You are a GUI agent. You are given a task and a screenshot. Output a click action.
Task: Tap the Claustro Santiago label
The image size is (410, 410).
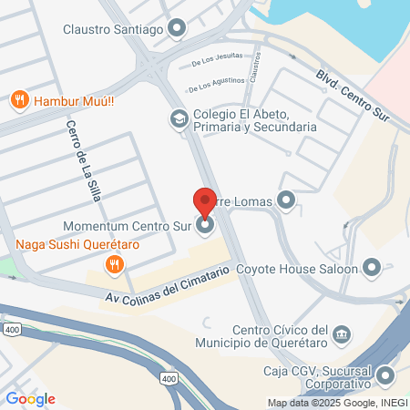pyautogui.click(x=114, y=28)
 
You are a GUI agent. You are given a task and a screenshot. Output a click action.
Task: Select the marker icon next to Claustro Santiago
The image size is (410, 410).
pyautogui.click(x=177, y=28)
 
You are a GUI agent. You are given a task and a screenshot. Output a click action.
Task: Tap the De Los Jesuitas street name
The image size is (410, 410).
pyautogui.click(x=217, y=61)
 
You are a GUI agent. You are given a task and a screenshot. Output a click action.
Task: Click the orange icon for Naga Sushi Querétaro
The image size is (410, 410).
pyautogui.click(x=114, y=265)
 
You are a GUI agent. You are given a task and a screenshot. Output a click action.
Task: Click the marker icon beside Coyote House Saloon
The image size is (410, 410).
pyautogui.click(x=371, y=268)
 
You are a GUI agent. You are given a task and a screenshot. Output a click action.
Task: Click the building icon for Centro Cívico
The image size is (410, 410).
pyautogui.click(x=341, y=334)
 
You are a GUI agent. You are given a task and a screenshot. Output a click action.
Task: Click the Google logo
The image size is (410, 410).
pyautogui.click(x=30, y=398)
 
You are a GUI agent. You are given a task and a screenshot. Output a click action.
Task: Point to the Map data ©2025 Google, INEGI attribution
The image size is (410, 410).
pyautogui.click(x=337, y=403)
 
